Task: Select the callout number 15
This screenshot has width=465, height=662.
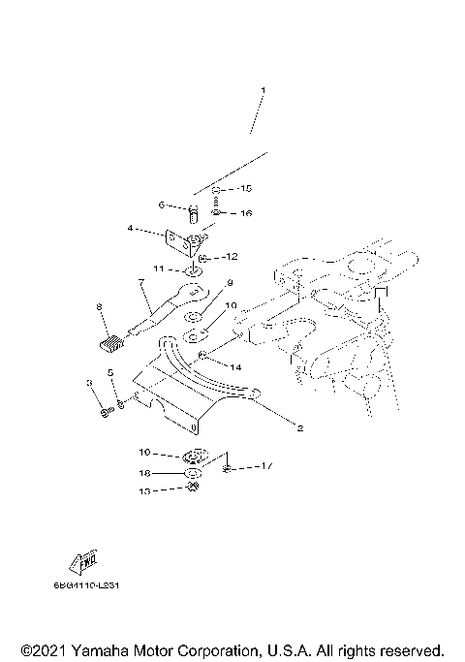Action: pyautogui.click(x=246, y=187)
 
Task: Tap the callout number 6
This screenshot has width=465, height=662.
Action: pyautogui.click(x=164, y=205)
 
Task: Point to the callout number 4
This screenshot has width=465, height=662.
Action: pyautogui.click(x=130, y=230)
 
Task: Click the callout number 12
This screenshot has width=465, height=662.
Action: pyautogui.click(x=231, y=258)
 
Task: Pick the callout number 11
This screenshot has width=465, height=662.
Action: pyautogui.click(x=157, y=268)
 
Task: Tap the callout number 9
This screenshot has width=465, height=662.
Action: pyautogui.click(x=231, y=283)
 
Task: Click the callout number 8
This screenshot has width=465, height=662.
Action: pyautogui.click(x=99, y=307)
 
